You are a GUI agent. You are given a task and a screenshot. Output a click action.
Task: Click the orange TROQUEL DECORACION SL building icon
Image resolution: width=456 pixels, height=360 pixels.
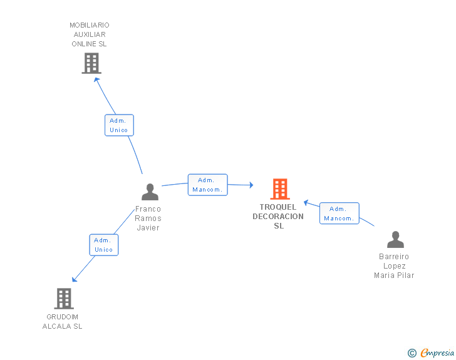tap(280, 189)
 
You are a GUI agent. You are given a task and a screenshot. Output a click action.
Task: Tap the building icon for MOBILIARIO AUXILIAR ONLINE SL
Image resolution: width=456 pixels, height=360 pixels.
tap(91, 63)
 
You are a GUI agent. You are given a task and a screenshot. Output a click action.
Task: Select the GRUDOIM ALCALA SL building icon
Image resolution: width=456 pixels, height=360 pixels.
tap(64, 299)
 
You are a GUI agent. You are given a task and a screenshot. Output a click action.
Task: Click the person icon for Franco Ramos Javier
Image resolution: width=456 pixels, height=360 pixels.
tap(150, 192)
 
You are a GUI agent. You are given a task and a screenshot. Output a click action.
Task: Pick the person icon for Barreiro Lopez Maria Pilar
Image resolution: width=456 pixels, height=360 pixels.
tap(395, 239)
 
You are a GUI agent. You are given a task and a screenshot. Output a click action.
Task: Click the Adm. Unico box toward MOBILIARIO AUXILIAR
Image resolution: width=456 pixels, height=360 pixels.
tap(119, 125)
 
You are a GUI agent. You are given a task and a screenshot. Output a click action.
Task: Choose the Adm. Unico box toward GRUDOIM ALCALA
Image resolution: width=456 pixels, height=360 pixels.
tap(104, 245)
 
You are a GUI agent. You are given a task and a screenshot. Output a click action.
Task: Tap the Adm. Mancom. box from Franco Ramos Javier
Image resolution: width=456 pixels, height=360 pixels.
tap(208, 185)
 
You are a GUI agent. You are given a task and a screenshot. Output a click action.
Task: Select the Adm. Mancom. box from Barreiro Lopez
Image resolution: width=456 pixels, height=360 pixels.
tap(339, 213)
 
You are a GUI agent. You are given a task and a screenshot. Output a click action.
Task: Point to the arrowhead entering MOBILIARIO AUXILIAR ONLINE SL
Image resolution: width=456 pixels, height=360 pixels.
tap(96, 80)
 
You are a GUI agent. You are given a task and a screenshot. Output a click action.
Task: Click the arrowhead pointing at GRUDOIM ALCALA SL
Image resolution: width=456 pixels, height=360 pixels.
tap(75, 279)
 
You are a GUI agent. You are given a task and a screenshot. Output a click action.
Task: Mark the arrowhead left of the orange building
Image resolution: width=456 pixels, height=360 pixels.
tap(251, 185)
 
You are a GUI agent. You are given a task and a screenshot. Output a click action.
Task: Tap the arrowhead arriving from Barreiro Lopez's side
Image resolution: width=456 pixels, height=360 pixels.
tap(306, 202)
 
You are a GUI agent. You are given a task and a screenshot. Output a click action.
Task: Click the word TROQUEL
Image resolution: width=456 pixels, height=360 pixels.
tap(278, 207)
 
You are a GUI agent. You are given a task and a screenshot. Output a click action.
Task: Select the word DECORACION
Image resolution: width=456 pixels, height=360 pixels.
tap(278, 217)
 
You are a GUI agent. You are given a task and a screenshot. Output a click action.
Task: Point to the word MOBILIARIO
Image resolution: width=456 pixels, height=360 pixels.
tap(90, 25)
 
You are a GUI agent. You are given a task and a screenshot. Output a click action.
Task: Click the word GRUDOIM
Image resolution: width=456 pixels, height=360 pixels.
tap(62, 317)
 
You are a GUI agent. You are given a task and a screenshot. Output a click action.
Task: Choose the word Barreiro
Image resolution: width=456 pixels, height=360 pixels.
tap(394, 257)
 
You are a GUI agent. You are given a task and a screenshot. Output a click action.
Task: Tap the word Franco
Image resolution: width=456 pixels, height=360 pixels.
tap(148, 209)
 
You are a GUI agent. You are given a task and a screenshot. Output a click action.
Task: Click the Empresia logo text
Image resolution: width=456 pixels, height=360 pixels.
tap(437, 352)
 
